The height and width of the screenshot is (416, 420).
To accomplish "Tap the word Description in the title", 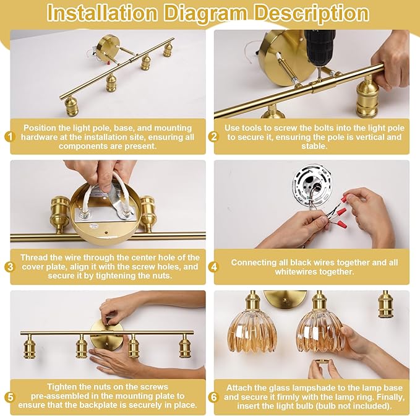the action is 311,14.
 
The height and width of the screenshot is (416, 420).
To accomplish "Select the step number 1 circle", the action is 10,137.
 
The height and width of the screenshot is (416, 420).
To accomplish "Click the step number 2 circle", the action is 214,137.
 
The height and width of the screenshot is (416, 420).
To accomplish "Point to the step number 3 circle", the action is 10,267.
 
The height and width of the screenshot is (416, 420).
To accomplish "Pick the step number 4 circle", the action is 214,267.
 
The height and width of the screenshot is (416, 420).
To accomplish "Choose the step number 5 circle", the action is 10,397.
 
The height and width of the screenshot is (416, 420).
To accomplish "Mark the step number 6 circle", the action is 214,397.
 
